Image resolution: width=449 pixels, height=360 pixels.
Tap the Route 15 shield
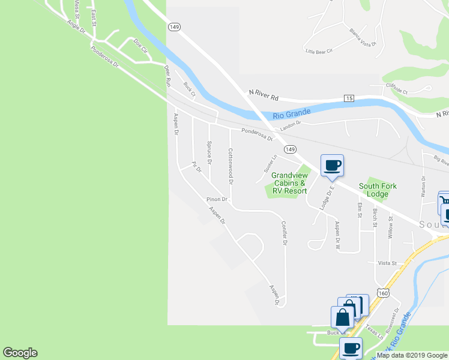pos(349,98)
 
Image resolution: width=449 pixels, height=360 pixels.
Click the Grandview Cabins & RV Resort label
pos(289,184)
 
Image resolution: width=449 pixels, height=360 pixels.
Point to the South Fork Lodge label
pos(378,190)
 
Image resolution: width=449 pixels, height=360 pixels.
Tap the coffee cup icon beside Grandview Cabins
pos(332,165)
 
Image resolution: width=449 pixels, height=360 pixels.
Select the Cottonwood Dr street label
pos(230,166)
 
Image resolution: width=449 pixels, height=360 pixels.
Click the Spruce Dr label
pos(209,152)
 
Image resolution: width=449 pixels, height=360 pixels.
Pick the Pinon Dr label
pos(217,199)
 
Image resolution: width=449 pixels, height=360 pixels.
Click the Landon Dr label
pos(290,124)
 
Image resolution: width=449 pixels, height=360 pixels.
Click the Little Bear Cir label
pos(319,52)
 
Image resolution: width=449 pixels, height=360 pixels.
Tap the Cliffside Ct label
pos(396,92)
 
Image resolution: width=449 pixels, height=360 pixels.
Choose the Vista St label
pos(387,263)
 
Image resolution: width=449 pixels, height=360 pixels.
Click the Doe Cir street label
pos(140,47)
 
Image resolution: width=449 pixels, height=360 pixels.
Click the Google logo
pos(20,353)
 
